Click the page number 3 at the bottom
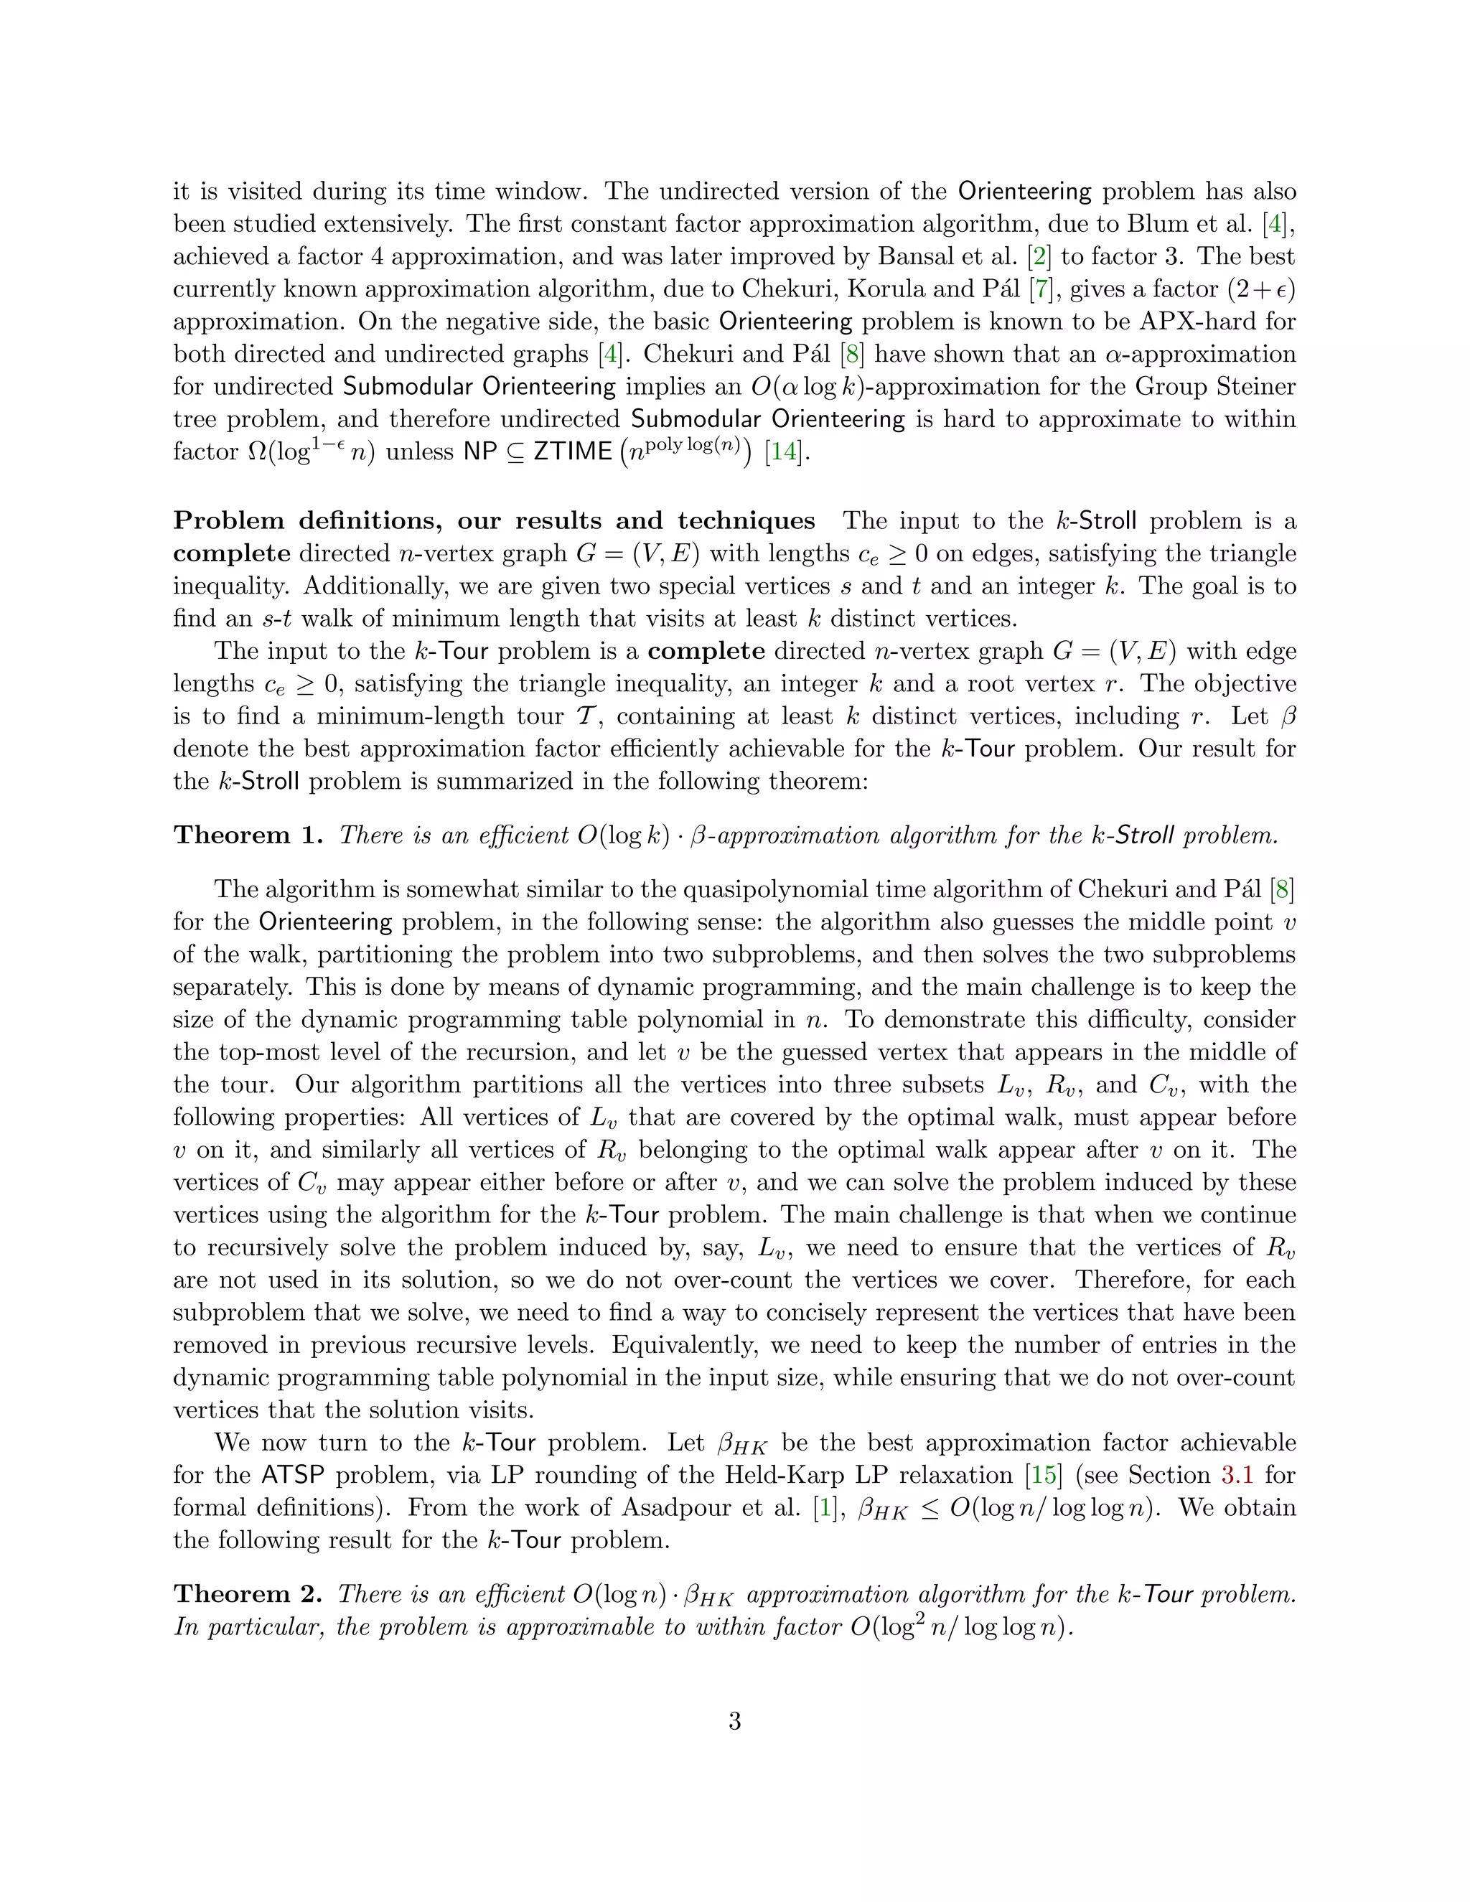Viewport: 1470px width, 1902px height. pos(734,1722)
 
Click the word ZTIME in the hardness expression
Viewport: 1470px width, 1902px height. pos(572,453)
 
